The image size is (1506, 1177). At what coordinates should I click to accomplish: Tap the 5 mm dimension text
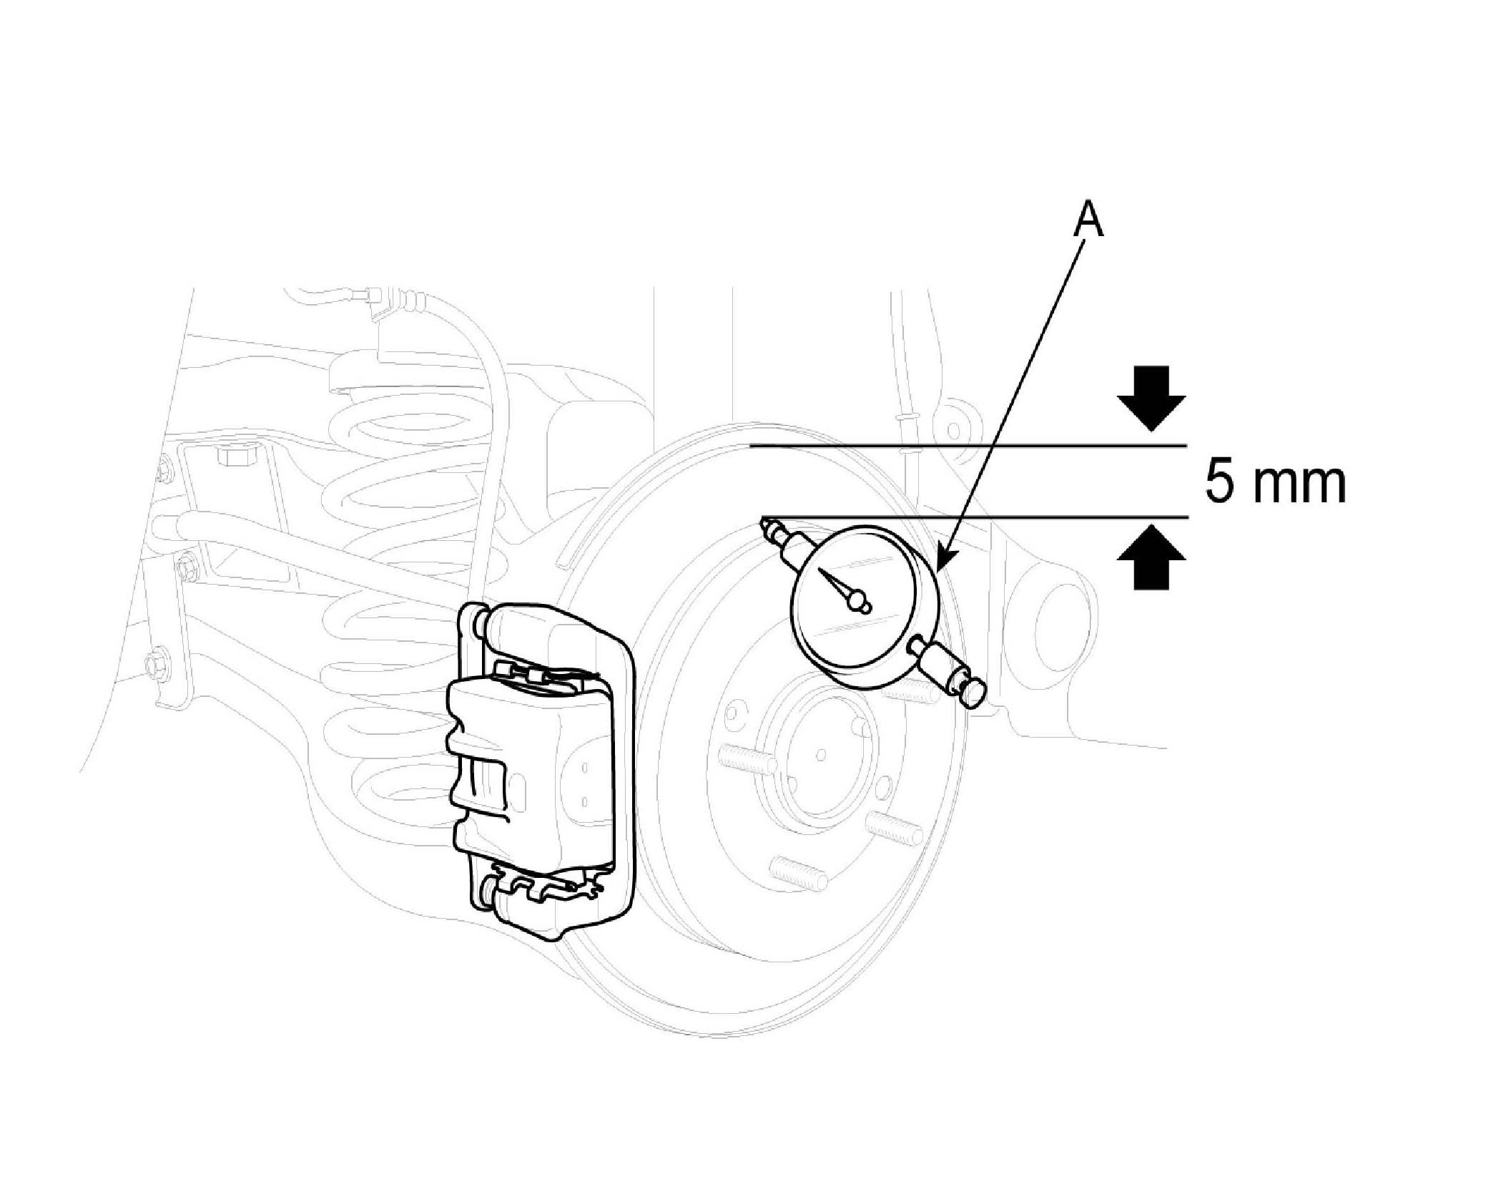tap(1275, 484)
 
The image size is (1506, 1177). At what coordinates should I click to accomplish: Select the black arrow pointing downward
tap(1151, 398)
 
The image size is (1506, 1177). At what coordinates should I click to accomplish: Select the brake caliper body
tap(529, 773)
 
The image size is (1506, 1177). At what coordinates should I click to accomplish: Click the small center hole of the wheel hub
tap(820, 754)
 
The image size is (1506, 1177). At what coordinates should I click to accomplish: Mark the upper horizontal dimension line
tap(965, 446)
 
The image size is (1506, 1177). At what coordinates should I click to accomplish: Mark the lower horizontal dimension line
tap(973, 517)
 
